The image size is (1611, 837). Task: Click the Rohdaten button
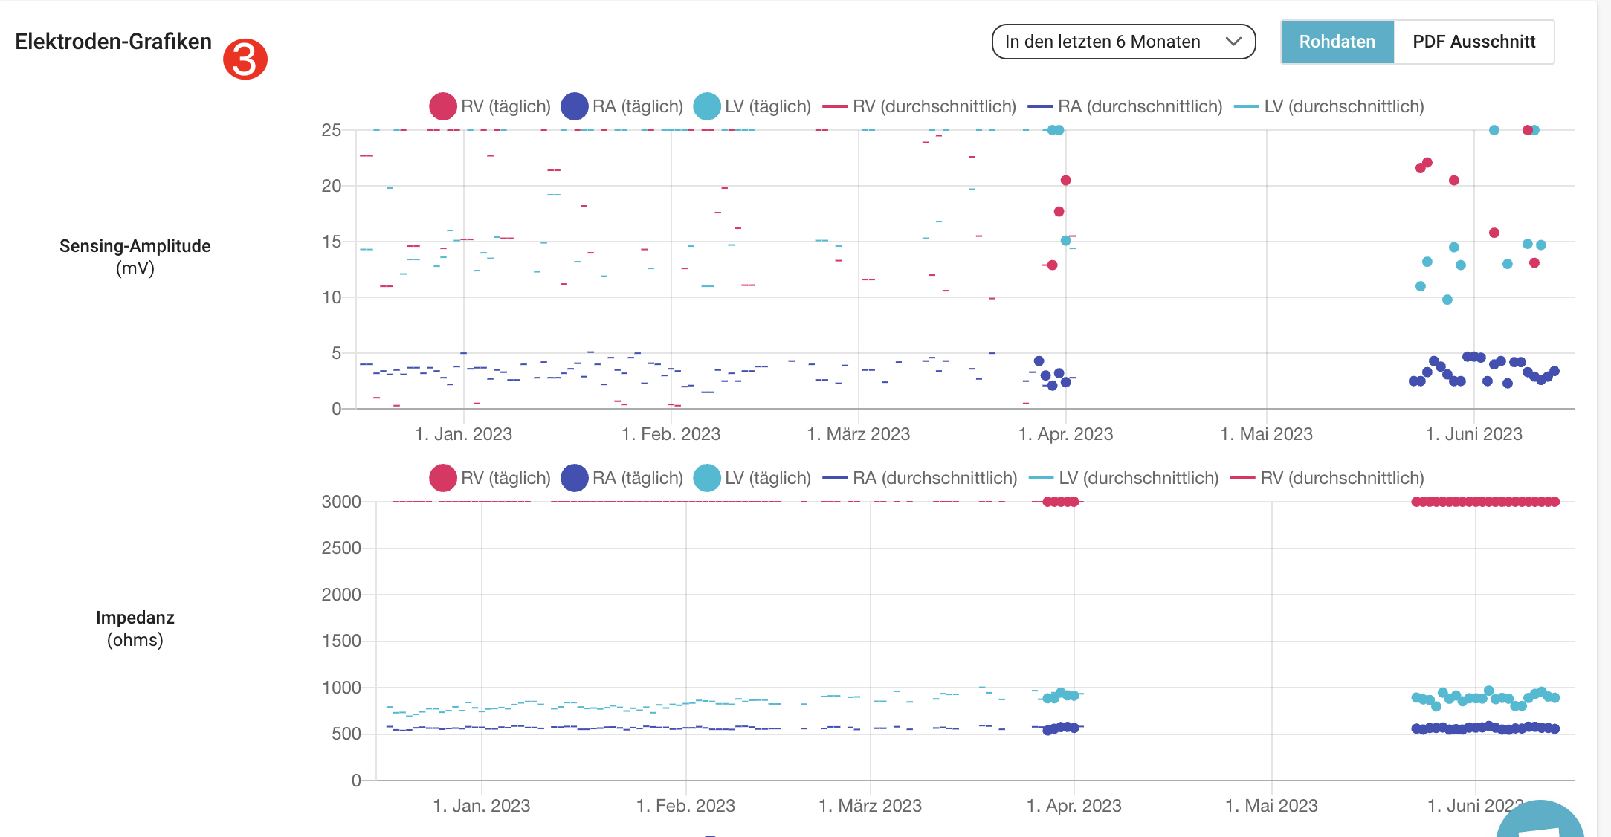(1337, 42)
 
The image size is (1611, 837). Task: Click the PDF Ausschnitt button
(1473, 42)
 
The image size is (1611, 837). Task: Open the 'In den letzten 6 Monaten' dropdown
(1123, 42)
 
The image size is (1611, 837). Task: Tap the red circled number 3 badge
(245, 59)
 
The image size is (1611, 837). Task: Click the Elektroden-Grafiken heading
(113, 42)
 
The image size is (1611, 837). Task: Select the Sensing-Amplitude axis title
(135, 256)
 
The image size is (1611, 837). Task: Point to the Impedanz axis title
(135, 628)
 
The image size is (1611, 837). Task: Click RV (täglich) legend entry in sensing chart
(490, 106)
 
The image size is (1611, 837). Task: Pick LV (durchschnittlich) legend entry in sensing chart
(1329, 106)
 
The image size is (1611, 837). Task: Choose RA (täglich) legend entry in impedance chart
(622, 478)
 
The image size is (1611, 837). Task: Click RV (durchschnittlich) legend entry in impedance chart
(1328, 478)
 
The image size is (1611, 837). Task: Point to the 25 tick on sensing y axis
(331, 130)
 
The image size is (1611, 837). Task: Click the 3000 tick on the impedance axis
(341, 502)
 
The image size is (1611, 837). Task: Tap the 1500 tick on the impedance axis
(341, 641)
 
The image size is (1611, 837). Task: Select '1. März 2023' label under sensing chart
(859, 434)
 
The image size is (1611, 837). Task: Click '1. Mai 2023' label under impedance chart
(1271, 806)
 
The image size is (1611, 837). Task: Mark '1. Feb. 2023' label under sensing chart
(671, 434)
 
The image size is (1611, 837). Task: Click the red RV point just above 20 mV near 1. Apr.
(1065, 181)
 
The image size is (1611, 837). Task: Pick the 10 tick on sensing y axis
(331, 297)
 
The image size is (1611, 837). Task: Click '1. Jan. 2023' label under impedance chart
(482, 806)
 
